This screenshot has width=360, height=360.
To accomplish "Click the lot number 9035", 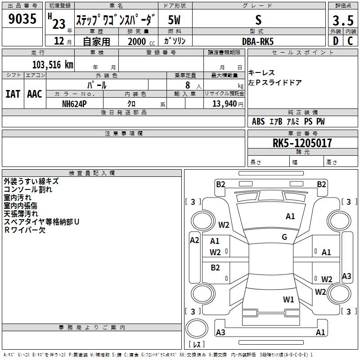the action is [22, 18].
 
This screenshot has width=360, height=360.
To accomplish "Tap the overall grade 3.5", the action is [343, 20].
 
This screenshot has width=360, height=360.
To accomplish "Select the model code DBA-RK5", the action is [258, 41].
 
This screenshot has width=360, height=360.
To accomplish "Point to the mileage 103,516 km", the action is [53, 65].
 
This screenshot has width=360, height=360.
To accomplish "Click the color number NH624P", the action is [74, 104].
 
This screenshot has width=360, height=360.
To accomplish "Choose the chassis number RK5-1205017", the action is [302, 143].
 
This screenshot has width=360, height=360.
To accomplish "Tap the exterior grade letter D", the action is [336, 41].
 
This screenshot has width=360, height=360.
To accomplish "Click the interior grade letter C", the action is [350, 41].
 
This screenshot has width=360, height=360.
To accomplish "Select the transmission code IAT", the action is [13, 94].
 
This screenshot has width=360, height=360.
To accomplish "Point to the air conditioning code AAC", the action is [35, 94].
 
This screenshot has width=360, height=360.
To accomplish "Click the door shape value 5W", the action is [174, 20].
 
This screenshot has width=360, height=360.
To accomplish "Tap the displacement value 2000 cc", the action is [141, 41].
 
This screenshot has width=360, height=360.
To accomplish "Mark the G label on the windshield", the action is [284, 237].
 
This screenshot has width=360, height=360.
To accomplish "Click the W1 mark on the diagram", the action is [288, 299].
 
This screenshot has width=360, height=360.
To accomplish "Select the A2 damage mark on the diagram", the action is [194, 240].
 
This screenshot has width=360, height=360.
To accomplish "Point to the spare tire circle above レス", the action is [197, 328].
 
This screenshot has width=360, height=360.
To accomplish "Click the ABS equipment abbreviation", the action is [258, 121].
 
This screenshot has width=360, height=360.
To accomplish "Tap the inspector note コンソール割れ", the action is [28, 189].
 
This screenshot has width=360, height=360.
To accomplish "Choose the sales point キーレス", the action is [261, 73].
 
